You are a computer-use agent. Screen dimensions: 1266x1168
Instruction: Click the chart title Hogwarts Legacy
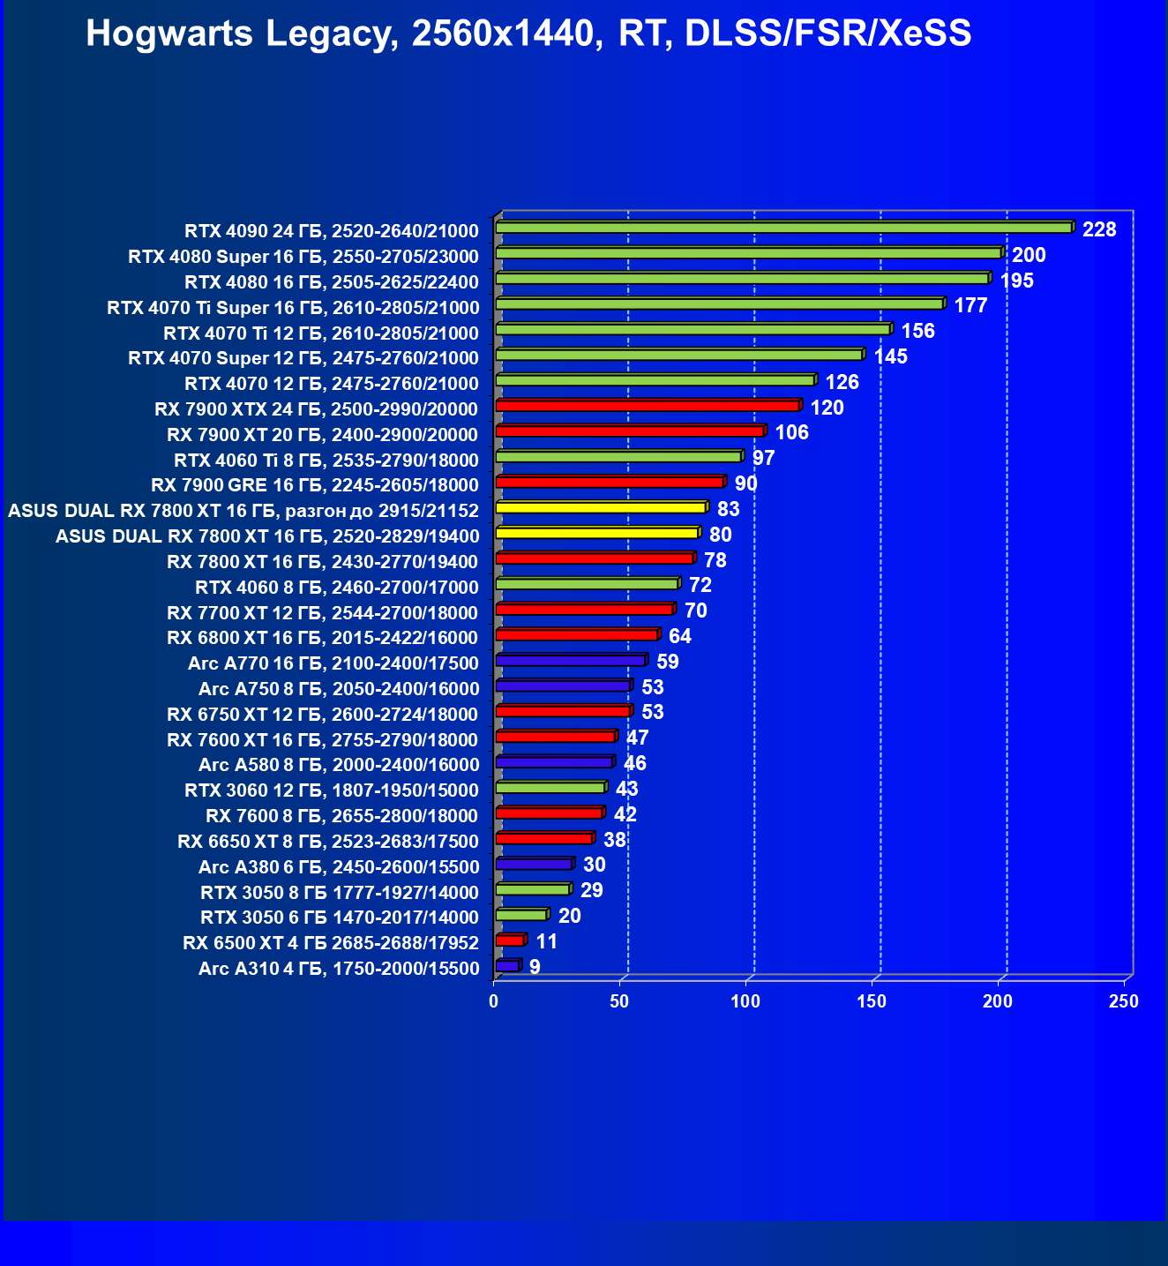528,34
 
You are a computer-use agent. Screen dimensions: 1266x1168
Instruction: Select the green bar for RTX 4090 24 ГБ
783,228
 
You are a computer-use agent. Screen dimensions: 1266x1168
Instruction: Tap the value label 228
1099,229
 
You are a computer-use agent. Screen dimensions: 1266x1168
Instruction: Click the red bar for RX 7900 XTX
648,406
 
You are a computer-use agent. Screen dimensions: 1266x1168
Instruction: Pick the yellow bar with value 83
601,507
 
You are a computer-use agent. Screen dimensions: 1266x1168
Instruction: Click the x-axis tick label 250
1124,1001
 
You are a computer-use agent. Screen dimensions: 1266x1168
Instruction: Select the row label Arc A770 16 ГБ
333,663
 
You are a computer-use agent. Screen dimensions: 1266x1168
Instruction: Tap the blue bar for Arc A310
508,966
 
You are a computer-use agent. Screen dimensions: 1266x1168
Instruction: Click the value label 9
535,967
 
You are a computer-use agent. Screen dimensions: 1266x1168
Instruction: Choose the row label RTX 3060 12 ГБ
331,790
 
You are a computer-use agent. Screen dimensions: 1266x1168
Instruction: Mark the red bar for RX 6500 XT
510,940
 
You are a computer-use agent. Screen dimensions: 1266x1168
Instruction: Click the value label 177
970,305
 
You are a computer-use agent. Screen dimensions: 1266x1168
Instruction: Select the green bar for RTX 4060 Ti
618,457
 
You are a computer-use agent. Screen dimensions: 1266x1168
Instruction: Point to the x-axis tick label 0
494,1001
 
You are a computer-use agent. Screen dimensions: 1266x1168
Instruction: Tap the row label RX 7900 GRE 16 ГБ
314,485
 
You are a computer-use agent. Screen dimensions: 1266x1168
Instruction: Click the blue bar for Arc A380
535,864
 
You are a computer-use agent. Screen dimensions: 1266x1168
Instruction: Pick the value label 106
791,432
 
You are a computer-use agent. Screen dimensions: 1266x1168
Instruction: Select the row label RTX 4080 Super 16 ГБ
303,257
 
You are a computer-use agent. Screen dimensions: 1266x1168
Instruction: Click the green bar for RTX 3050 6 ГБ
521,915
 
